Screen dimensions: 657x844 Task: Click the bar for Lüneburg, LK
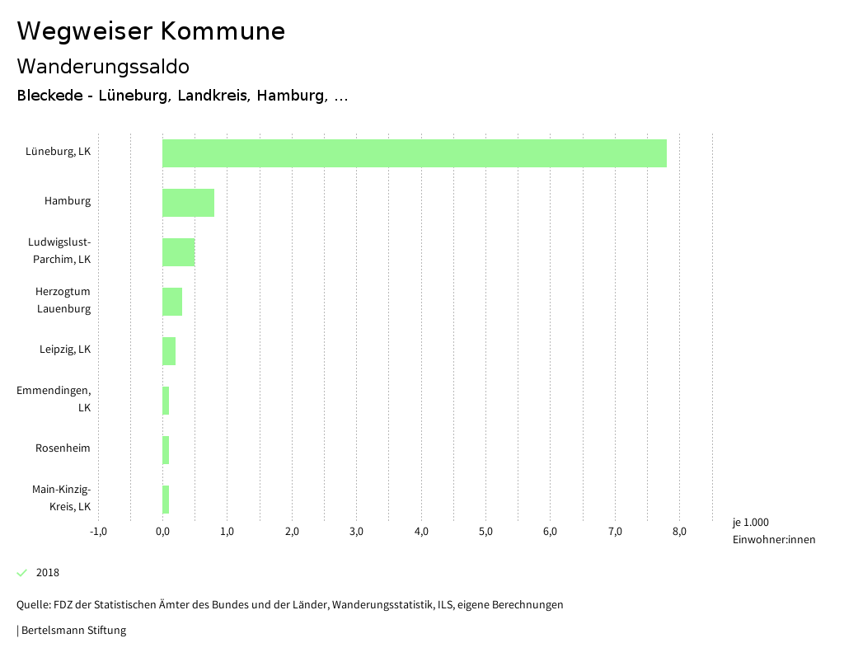pos(414,153)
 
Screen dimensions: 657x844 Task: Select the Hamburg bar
pos(188,203)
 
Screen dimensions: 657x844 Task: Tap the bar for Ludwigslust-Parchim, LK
pos(178,252)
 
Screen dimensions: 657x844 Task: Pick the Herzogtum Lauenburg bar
pos(172,302)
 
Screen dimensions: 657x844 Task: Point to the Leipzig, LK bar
pos(169,351)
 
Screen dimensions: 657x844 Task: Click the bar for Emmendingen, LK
pos(166,401)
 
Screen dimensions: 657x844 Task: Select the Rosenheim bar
pos(166,450)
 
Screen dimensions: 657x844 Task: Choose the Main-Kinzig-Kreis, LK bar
pos(166,500)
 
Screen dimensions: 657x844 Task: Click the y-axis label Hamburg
pos(68,201)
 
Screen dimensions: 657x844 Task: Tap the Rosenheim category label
pos(63,448)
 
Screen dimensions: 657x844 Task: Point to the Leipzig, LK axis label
pos(65,350)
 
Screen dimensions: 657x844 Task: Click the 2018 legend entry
pos(48,573)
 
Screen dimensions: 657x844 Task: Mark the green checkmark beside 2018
pos(22,573)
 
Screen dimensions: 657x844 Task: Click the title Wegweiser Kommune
pos(151,31)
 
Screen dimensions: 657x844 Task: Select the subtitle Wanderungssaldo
pos(103,66)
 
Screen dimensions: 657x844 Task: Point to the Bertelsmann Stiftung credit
pos(73,631)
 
